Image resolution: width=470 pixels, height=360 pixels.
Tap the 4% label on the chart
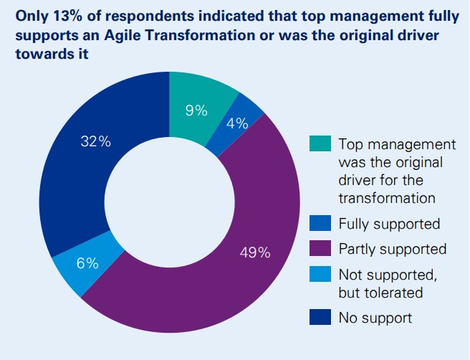click(237, 123)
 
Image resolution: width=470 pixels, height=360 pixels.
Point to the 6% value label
click(87, 263)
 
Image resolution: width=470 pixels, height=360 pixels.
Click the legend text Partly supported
click(392, 249)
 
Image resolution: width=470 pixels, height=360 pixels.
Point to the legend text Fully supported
click(388, 224)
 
